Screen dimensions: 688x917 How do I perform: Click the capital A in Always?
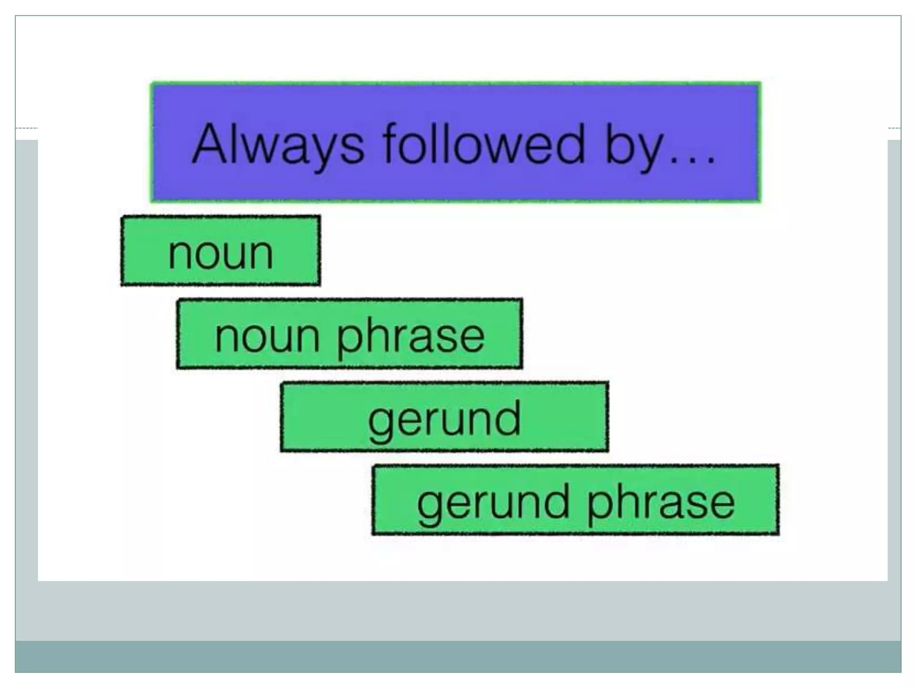pyautogui.click(x=210, y=143)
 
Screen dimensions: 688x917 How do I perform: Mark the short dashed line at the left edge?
pyautogui.click(x=26, y=128)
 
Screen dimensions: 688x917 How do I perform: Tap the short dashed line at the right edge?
pyautogui.click(x=894, y=128)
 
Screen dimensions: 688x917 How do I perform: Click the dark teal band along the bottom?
pyautogui.click(x=458, y=657)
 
